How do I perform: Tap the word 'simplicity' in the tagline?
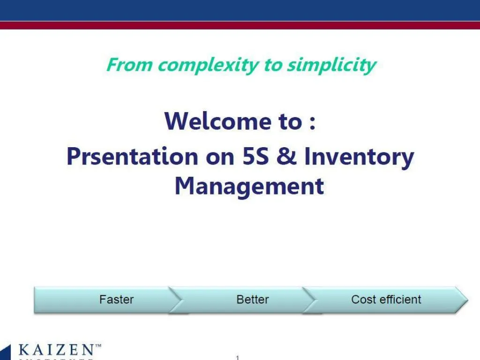point(331,65)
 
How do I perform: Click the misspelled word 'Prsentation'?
point(132,156)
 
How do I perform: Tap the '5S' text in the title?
point(255,156)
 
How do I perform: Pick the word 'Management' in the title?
point(249,186)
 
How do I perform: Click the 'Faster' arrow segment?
point(116,300)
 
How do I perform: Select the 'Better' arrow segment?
point(253,300)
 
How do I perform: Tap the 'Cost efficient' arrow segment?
point(386,300)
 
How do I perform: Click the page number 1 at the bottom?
point(238,357)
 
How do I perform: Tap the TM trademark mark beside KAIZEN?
point(98,346)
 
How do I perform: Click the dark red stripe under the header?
point(240,25)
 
